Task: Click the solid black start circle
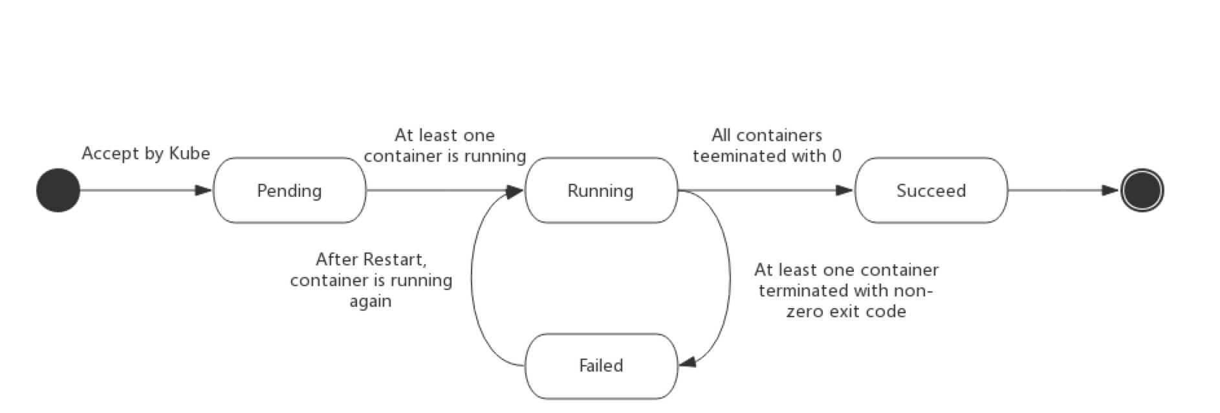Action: (x=58, y=190)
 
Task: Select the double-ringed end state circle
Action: (x=1142, y=190)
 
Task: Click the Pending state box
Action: (x=289, y=190)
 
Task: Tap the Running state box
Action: (x=600, y=190)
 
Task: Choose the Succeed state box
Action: (x=931, y=190)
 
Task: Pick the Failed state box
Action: (x=600, y=366)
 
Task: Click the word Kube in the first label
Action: (x=190, y=153)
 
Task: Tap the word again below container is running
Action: (x=371, y=301)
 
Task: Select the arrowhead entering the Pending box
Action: (x=204, y=190)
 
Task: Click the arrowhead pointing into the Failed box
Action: (x=687, y=363)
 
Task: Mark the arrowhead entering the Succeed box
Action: (x=844, y=190)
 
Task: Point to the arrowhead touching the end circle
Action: (x=1111, y=190)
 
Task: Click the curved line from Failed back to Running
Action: (x=472, y=278)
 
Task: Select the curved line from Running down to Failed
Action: (x=730, y=278)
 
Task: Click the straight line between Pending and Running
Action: (x=440, y=190)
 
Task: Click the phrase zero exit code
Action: (x=846, y=311)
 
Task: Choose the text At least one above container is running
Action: (x=444, y=135)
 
